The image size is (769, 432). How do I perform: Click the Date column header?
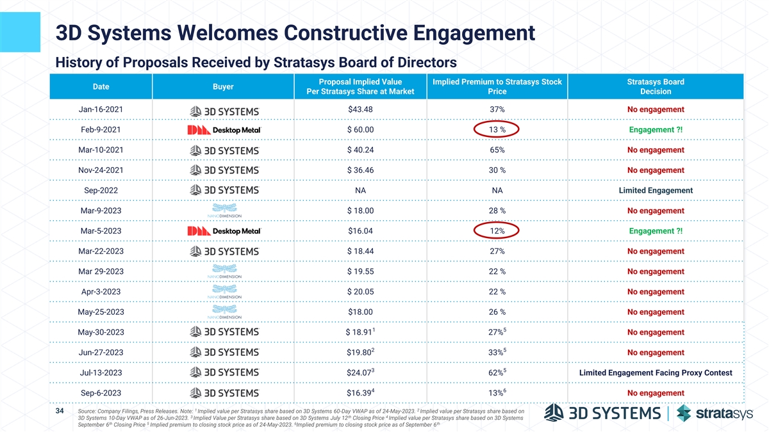click(x=101, y=86)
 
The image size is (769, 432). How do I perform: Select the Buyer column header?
click(x=223, y=86)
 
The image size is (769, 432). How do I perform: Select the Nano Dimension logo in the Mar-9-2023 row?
click(x=224, y=211)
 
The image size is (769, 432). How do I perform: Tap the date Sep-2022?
click(x=101, y=191)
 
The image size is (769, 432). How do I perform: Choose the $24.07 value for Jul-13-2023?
click(x=358, y=373)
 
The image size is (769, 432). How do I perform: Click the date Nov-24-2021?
click(x=101, y=170)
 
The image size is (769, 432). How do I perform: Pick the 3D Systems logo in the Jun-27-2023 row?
click(x=224, y=353)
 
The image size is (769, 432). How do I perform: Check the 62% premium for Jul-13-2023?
click(x=496, y=373)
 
